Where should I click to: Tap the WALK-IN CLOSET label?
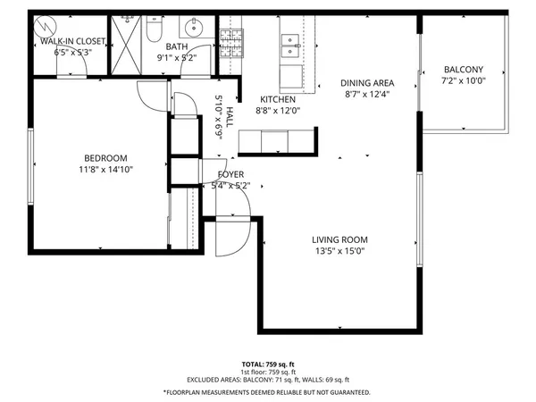coord(73,41)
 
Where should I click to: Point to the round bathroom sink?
coord(196,27)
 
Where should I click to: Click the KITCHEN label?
coord(277,99)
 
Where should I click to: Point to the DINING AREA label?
coord(366,83)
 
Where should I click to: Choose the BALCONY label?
coord(464,70)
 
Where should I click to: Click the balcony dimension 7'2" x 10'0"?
coord(464,81)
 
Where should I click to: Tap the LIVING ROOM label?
coord(339,239)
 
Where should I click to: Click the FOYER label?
coord(230,174)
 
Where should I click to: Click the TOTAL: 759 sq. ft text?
coord(268,364)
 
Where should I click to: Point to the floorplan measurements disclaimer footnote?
coord(268,392)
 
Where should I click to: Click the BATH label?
coord(176,46)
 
